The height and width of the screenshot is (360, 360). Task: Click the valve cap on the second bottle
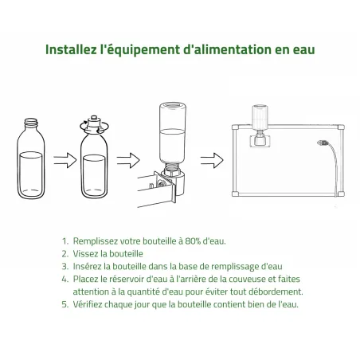click(x=92, y=124)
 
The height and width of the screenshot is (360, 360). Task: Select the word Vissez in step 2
click(x=86, y=252)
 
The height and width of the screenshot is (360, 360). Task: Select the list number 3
click(x=63, y=265)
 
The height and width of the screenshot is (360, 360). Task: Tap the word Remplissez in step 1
click(x=96, y=240)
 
